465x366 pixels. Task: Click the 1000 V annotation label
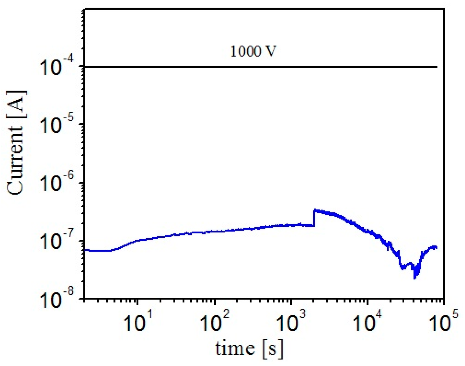pyautogui.click(x=253, y=51)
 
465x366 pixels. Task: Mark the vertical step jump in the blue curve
pyautogui.click(x=314, y=218)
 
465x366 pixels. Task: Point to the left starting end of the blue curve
pyautogui.click(x=85, y=250)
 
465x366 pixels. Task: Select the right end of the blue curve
pyautogui.click(x=437, y=248)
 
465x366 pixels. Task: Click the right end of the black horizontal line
pyautogui.click(x=437, y=66)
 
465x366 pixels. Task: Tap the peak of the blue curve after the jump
pyautogui.click(x=315, y=210)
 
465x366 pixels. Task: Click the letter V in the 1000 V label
pyautogui.click(x=271, y=51)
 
